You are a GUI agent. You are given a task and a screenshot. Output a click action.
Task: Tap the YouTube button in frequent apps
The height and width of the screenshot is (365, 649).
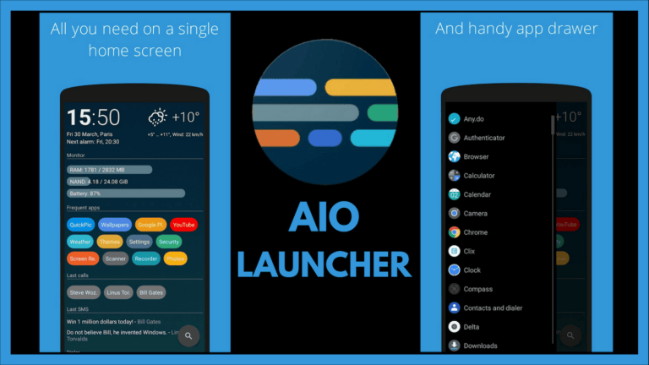pyautogui.click(x=183, y=225)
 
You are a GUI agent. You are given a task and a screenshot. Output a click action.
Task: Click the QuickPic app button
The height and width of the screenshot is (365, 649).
pyautogui.click(x=81, y=225)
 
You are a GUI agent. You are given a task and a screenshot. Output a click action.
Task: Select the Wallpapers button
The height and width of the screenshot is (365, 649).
pyautogui.click(x=114, y=225)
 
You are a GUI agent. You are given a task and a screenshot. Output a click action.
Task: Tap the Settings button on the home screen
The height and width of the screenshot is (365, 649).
pyautogui.click(x=139, y=242)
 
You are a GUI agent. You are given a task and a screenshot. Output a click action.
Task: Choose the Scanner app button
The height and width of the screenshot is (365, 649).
pyautogui.click(x=116, y=259)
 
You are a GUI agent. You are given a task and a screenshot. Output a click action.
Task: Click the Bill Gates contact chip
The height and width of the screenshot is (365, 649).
pyautogui.click(x=151, y=292)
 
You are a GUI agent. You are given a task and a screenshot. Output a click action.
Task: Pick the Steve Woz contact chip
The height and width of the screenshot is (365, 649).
pyautogui.click(x=83, y=292)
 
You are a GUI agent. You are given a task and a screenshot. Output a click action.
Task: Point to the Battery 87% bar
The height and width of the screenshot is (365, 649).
pyautogui.click(x=126, y=193)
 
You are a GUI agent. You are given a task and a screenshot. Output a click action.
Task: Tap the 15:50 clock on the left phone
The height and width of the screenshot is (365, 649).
pyautogui.click(x=94, y=117)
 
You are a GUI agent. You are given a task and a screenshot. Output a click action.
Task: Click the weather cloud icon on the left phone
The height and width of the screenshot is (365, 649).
pyautogui.click(x=158, y=117)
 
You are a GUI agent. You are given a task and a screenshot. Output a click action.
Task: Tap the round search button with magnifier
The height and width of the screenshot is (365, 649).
pyautogui.click(x=188, y=335)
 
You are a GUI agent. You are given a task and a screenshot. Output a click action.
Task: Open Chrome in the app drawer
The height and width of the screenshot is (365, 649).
pyautogui.click(x=475, y=232)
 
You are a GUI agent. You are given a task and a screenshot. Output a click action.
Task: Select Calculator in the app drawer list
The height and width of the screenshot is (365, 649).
pyautogui.click(x=478, y=176)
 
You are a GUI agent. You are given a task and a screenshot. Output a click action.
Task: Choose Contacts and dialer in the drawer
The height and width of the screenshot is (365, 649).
pyautogui.click(x=492, y=308)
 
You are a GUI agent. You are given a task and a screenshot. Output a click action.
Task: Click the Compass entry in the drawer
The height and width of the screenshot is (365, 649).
pyautogui.click(x=477, y=289)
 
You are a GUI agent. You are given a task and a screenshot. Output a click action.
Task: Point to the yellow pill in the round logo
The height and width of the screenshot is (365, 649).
pyautogui.click(x=360, y=87)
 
